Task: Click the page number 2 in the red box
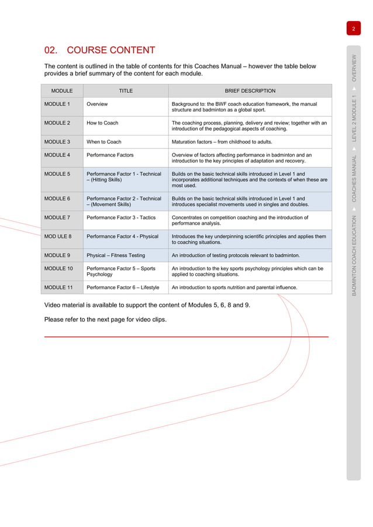(354, 29)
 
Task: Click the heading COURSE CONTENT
(100, 50)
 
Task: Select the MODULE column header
(62, 91)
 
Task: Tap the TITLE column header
(126, 91)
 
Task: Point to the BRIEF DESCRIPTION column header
(250, 91)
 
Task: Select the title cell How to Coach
(102, 123)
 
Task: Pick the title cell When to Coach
(104, 142)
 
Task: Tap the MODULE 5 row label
(57, 174)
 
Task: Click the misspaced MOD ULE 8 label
(58, 237)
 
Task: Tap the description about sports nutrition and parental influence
(234, 287)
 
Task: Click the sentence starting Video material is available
(147, 306)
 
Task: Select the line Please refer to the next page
(105, 319)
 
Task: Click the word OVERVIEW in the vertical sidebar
(354, 67)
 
